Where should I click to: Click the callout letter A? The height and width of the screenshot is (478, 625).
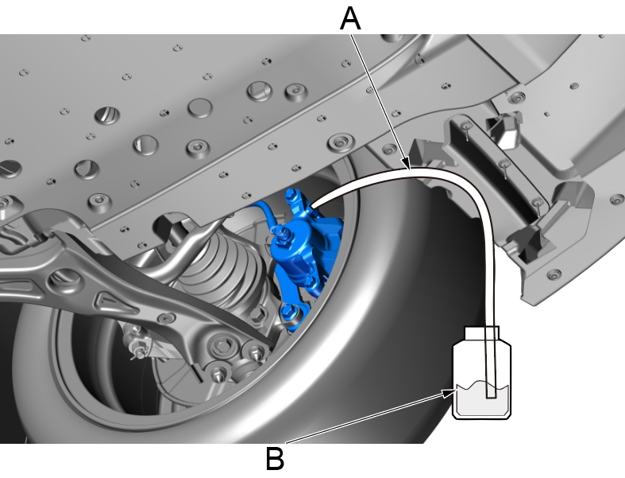coord(350,19)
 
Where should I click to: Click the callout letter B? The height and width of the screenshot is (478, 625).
coord(275,459)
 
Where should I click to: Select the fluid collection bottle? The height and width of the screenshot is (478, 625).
coord(481,373)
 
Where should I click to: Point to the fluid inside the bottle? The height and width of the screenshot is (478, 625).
coord(482,399)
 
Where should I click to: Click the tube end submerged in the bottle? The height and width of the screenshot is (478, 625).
coord(491,394)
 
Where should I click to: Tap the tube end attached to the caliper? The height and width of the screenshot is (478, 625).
coord(314,205)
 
